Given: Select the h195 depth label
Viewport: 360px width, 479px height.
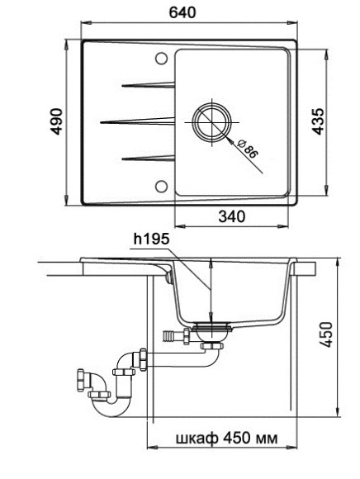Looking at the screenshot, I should click(150, 239).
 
